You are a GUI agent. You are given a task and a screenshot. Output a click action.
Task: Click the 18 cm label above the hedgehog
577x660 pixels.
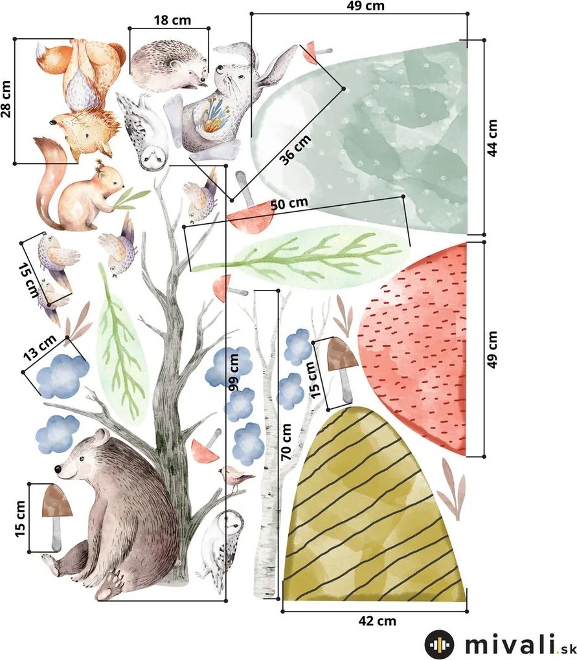pyautogui.click(x=172, y=20)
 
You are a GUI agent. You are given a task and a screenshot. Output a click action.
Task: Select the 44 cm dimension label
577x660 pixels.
pyautogui.click(x=492, y=138)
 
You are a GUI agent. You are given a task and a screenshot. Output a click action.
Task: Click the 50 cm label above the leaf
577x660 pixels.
pyautogui.click(x=289, y=204)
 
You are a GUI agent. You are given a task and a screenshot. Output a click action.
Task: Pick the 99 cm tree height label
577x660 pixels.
pyautogui.click(x=233, y=372)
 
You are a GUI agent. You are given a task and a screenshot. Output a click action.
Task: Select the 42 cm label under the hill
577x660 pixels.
pyautogui.click(x=377, y=621)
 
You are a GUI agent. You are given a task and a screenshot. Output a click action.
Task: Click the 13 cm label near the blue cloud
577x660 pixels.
pyautogui.click(x=39, y=348)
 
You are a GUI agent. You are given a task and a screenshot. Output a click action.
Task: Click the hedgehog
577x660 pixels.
pyautogui.click(x=168, y=65)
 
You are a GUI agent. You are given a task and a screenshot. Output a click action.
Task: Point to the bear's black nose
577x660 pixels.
pyautogui.click(x=58, y=468)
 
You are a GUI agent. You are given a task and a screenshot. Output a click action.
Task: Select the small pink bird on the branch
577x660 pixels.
pyautogui.click(x=234, y=477)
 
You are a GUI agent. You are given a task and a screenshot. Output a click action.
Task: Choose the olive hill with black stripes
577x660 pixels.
pyautogui.click(x=374, y=505)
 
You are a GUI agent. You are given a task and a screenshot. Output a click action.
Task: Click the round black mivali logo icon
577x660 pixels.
pyautogui.click(x=439, y=644)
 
